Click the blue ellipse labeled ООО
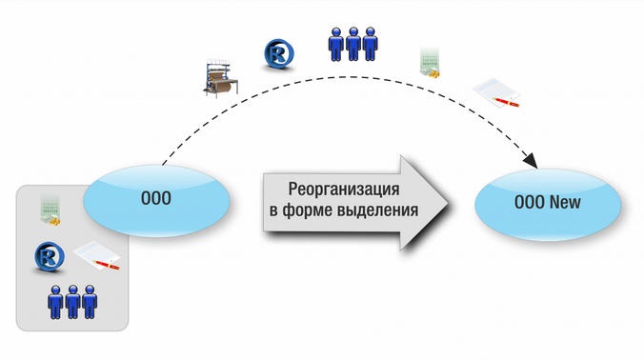coord(156,199)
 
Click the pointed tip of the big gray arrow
coord(448,200)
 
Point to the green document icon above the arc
coord(431,62)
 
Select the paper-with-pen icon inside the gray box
coord(95,254)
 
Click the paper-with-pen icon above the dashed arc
coord(498,92)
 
